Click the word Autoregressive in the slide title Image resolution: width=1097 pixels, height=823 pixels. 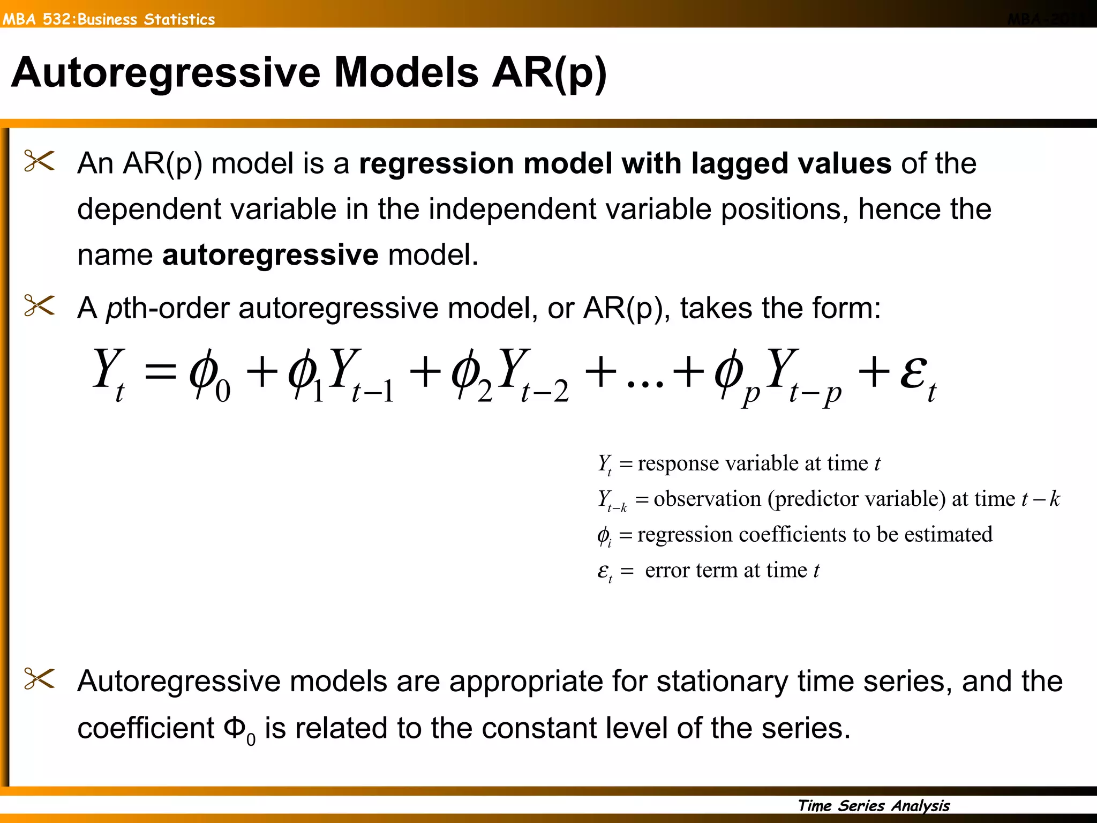(x=166, y=73)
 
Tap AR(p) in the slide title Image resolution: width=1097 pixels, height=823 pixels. (x=549, y=73)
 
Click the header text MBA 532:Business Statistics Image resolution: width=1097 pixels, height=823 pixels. (x=109, y=19)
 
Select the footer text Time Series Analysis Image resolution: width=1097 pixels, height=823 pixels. (x=873, y=805)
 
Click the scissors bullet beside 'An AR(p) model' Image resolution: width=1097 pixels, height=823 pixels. (x=39, y=161)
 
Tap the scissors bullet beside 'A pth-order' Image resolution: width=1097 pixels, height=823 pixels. (x=39, y=306)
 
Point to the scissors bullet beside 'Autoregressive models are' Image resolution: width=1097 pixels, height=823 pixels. (x=39, y=679)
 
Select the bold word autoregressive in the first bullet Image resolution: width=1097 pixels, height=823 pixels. (x=271, y=255)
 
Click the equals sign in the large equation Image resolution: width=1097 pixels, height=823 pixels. (x=161, y=371)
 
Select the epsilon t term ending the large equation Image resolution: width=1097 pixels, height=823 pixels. (x=918, y=375)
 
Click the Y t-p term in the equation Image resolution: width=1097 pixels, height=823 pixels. (x=803, y=375)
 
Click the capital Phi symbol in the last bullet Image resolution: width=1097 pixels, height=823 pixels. (x=235, y=728)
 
